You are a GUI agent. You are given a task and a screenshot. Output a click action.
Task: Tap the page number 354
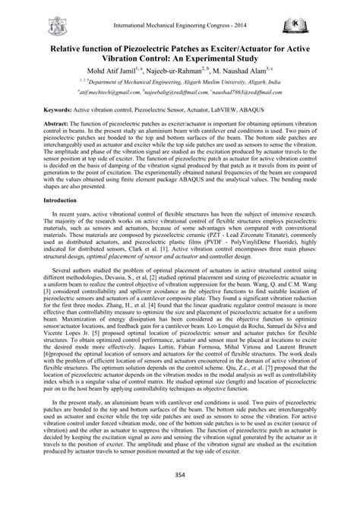click(180, 495)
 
